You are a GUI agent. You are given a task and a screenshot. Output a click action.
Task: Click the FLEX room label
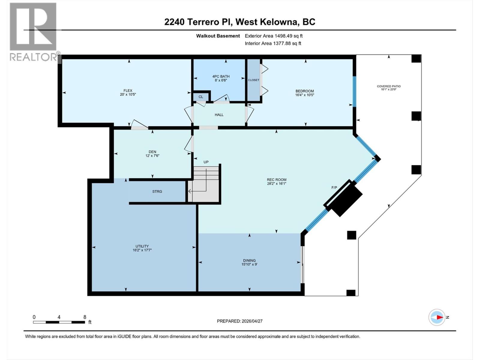click(x=128, y=91)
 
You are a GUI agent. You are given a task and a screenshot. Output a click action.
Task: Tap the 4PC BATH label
click(x=221, y=76)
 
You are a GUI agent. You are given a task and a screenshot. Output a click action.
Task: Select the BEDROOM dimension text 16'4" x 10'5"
click(x=304, y=95)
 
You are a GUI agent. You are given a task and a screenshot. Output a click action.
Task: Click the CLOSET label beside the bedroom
click(x=253, y=80)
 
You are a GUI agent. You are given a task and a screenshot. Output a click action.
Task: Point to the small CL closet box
click(x=201, y=97)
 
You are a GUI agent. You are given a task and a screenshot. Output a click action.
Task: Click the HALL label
click(x=219, y=115)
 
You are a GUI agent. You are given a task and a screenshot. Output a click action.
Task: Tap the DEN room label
click(x=152, y=152)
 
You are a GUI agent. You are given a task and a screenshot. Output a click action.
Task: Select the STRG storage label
click(x=157, y=191)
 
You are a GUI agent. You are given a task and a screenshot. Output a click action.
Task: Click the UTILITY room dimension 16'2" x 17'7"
click(x=142, y=250)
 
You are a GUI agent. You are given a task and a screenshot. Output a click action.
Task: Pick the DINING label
click(x=249, y=260)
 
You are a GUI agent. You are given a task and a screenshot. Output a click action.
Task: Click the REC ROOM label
click(x=277, y=180)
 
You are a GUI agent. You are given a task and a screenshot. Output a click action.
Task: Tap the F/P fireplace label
click(x=334, y=187)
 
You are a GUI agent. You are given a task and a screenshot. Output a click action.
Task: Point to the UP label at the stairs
click(x=206, y=162)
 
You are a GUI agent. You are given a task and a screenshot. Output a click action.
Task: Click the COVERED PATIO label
click(x=389, y=86)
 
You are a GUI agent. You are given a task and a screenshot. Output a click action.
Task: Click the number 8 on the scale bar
click(x=85, y=317)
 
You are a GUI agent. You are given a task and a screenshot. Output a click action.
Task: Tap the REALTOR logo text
click(x=34, y=57)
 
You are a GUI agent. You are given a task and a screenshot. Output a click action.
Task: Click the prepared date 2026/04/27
click(x=252, y=321)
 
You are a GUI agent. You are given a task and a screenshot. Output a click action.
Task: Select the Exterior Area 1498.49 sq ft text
click(x=274, y=36)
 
